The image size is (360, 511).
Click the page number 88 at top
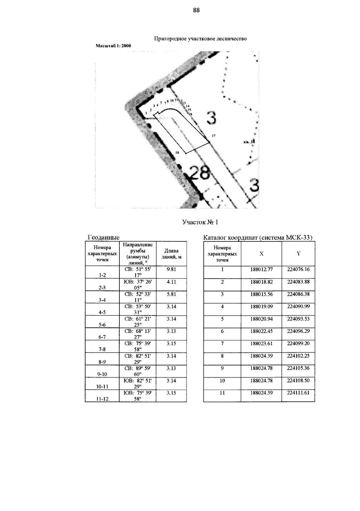pyautogui.click(x=196, y=10)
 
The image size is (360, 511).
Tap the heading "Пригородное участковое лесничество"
pyautogui.click(x=200, y=39)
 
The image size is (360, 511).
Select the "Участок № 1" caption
pyautogui.click(x=200, y=222)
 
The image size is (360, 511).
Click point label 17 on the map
pyautogui.click(x=213, y=136)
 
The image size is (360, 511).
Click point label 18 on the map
pyautogui.click(x=177, y=153)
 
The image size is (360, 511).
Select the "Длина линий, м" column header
pyautogui.click(x=171, y=254)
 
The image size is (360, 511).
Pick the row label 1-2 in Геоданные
pyautogui.click(x=102, y=275)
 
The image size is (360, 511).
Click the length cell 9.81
pyautogui.click(x=171, y=269)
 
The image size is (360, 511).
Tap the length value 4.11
pyautogui.click(x=171, y=282)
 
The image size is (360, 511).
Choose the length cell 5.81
pyautogui.click(x=171, y=294)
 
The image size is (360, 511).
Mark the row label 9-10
pyautogui.click(x=102, y=374)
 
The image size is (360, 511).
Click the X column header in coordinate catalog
pyautogui.click(x=261, y=254)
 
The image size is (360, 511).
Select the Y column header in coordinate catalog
pyautogui.click(x=298, y=254)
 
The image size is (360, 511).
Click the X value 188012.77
pyautogui.click(x=261, y=269)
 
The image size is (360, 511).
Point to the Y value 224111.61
pyautogui.click(x=298, y=393)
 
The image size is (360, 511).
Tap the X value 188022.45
pyautogui.click(x=261, y=331)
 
